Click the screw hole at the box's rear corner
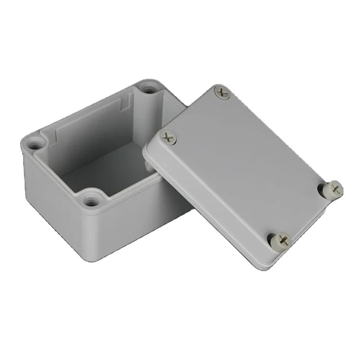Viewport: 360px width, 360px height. (150, 89)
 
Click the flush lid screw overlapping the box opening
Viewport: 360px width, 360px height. (168, 138)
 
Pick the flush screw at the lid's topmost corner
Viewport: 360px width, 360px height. (221, 92)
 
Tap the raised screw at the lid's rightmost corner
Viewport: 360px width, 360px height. (333, 189)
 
